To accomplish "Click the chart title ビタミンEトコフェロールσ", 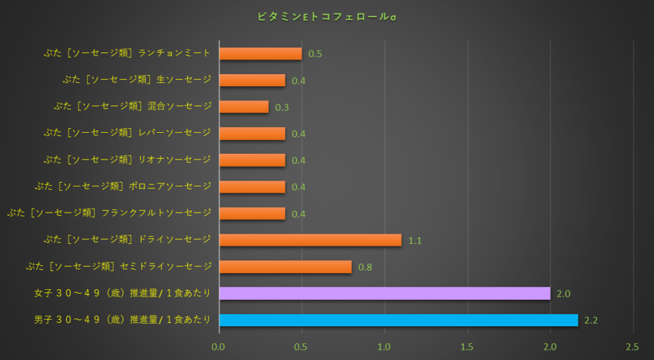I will (x=326, y=16).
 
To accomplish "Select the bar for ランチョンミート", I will (x=260, y=54).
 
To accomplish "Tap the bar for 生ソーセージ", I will (x=252, y=80).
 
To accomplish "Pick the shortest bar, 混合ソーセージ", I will (x=243, y=107).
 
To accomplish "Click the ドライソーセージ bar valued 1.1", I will (x=310, y=240).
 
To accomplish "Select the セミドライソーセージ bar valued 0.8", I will (x=285, y=267).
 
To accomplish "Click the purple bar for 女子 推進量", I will (x=384, y=293).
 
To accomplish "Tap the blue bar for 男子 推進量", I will (x=398, y=320).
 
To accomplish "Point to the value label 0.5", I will (x=315, y=54).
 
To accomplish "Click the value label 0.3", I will (x=282, y=107).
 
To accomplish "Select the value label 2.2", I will (x=591, y=320).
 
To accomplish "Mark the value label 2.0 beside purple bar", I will (x=563, y=294).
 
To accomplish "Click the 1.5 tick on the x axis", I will (x=468, y=347).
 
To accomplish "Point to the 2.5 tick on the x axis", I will (x=632, y=347).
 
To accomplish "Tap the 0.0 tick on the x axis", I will (x=219, y=347).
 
